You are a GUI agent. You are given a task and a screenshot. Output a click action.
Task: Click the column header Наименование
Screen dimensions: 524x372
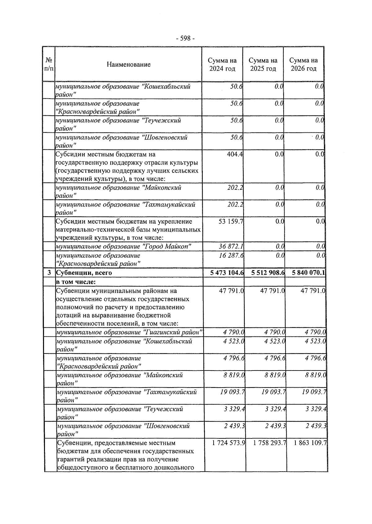(129, 64)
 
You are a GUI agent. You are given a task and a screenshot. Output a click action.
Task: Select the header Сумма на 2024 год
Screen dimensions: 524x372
(222, 64)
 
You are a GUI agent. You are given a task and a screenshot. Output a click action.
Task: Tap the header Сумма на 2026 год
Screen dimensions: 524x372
(304, 64)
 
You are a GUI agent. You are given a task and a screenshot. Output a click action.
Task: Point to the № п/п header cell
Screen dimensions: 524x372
(49, 64)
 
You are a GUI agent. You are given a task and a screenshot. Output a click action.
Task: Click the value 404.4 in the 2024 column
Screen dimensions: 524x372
(235, 154)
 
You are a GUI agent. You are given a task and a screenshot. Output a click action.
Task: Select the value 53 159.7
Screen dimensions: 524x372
(231, 221)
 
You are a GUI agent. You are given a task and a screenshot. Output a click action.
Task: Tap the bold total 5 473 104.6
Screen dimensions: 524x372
(227, 273)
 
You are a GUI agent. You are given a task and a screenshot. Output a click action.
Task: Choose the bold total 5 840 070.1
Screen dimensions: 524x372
(308, 273)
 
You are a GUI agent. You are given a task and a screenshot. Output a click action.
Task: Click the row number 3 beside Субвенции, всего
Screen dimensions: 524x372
(49, 273)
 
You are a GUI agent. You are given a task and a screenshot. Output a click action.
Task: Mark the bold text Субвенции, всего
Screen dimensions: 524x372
(84, 273)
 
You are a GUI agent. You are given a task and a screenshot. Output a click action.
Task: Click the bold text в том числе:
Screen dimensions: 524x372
(76, 282)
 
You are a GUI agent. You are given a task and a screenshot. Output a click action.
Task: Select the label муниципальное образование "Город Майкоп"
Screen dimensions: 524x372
(123, 246)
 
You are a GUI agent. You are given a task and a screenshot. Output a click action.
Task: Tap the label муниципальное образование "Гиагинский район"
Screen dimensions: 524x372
(129, 332)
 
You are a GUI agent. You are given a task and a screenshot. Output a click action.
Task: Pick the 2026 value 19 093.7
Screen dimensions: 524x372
(314, 392)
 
